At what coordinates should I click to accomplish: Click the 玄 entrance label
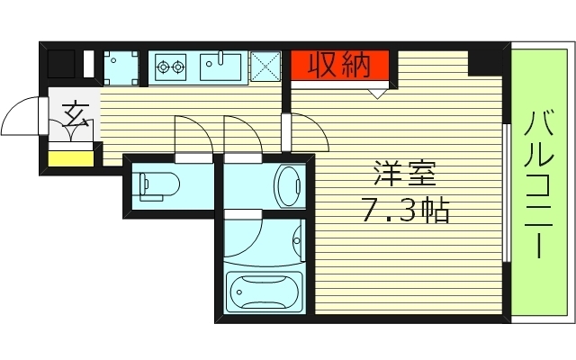point(74,116)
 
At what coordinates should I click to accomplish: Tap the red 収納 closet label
point(339,65)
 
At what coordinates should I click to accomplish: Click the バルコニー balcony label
point(540,184)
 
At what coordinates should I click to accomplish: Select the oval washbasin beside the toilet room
point(289,184)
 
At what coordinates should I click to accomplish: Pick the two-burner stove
point(170,65)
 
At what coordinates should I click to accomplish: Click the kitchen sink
point(220,65)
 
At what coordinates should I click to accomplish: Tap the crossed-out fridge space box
point(267,65)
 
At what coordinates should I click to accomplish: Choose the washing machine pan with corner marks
point(120,66)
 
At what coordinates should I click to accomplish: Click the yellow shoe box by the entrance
point(70,160)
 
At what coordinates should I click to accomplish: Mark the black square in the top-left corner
point(61,65)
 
